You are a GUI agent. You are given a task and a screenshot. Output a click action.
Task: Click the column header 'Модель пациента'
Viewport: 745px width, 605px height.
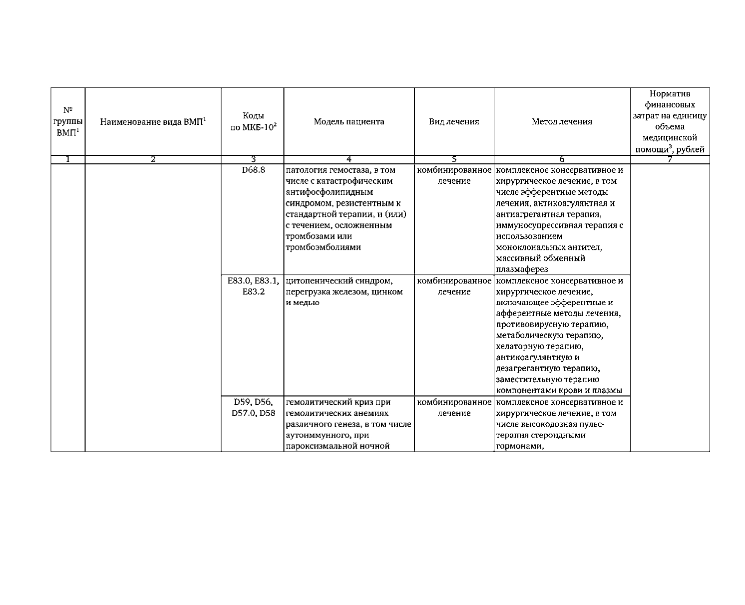(349, 121)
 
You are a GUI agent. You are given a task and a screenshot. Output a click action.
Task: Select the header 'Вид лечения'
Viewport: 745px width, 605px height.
(454, 121)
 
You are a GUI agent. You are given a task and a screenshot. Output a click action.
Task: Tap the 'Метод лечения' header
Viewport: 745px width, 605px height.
(562, 121)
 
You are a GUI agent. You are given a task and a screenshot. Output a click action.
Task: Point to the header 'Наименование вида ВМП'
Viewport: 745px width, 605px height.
(153, 121)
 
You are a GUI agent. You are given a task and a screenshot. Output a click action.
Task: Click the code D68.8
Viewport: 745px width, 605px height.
(253, 170)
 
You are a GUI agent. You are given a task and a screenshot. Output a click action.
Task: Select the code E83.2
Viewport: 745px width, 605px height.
(253, 292)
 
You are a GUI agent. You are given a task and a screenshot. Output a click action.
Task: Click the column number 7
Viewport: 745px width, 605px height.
(670, 159)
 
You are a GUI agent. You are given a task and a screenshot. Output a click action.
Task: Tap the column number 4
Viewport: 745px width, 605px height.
(349, 159)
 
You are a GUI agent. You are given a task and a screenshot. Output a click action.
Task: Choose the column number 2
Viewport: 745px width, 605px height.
(153, 159)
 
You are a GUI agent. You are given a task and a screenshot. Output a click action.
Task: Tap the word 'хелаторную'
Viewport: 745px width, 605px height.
(519, 346)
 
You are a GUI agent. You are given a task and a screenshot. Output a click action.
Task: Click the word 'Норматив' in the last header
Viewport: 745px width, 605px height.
(670, 94)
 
